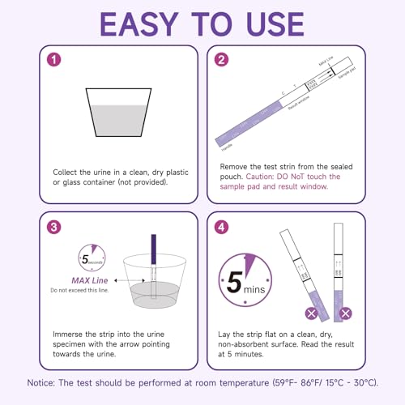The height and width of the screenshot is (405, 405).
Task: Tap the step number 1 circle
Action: [53, 61]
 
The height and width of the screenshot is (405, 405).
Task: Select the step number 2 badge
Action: [221, 61]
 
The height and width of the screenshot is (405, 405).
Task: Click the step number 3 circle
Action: [53, 228]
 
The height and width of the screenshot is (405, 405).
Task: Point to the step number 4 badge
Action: [221, 228]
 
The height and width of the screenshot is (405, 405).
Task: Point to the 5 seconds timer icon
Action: [90, 260]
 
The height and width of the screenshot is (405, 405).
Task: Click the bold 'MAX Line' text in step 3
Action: [91, 280]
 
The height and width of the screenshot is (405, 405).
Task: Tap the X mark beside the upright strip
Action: [346, 313]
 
